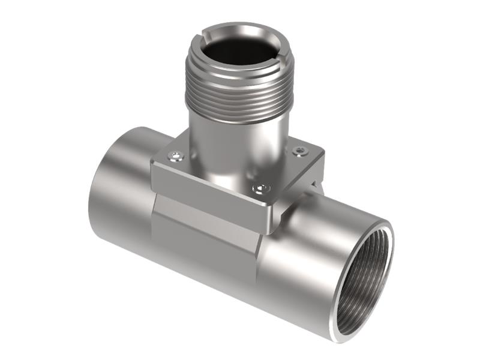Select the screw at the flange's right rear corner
coord(298,150)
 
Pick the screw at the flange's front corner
coord(259,189)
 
